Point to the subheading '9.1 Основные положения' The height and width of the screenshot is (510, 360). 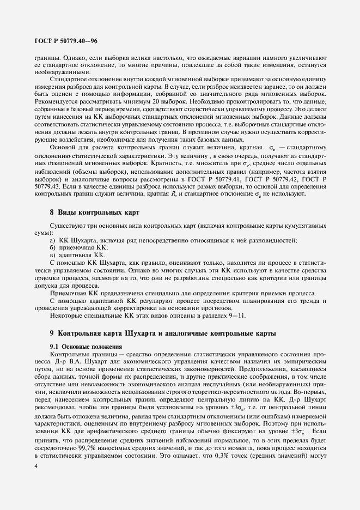pos(86,346)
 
